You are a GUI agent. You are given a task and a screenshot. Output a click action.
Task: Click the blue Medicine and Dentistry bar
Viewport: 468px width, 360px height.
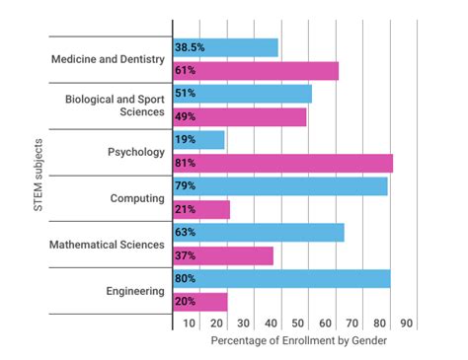pyautogui.click(x=225, y=47)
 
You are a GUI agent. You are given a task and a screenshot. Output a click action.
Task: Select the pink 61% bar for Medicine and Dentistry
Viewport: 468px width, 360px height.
pyautogui.click(x=256, y=71)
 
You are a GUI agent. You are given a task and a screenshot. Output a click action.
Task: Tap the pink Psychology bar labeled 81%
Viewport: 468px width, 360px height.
pyautogui.click(x=282, y=163)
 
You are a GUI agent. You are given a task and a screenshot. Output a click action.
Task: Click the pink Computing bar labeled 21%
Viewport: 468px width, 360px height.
pyautogui.click(x=201, y=209)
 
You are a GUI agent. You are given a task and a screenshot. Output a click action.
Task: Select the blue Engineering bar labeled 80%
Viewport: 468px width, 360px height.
pyautogui.click(x=281, y=278)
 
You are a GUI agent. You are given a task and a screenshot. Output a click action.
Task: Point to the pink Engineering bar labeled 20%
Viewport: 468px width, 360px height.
pyautogui.click(x=200, y=302)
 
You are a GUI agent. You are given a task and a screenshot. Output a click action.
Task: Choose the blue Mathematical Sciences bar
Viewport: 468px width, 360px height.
pyautogui.click(x=259, y=232)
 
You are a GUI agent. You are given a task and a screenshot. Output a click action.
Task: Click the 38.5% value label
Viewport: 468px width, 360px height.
pyautogui.click(x=191, y=47)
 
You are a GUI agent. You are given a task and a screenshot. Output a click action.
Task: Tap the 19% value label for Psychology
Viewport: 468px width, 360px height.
pyautogui.click(x=185, y=140)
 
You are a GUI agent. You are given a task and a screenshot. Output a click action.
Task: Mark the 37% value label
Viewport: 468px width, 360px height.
pyautogui.click(x=186, y=255)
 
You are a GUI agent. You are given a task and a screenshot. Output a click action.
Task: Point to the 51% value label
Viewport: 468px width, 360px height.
pyautogui.click(x=186, y=94)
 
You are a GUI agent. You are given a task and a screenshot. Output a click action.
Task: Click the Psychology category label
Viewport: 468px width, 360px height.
pyautogui.click(x=135, y=152)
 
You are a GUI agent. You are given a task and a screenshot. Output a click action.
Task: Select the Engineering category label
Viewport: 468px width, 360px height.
pyautogui.click(x=134, y=291)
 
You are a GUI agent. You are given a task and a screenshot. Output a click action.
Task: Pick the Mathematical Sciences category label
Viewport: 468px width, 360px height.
pyautogui.click(x=110, y=245)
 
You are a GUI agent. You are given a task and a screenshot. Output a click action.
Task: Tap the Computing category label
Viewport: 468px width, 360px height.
pyautogui.click(x=137, y=198)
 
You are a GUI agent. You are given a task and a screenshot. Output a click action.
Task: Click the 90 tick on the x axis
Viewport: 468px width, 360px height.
pyautogui.click(x=406, y=323)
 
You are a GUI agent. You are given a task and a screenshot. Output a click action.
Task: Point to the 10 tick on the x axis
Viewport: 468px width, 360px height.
pyautogui.click(x=189, y=323)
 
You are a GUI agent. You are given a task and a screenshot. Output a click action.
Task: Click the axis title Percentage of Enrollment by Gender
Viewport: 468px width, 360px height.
pyautogui.click(x=298, y=340)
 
